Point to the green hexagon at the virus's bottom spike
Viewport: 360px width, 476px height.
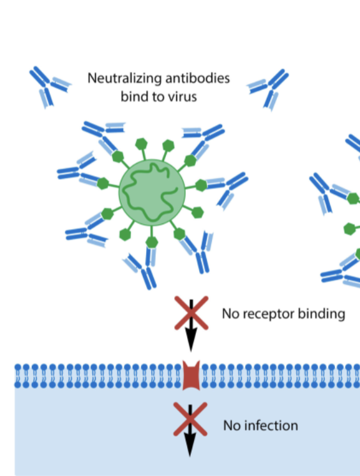click(x=152, y=242)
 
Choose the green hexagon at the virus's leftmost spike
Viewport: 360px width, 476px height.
click(x=103, y=184)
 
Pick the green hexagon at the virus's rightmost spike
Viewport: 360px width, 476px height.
click(x=201, y=186)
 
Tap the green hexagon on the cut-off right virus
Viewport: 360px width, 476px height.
click(x=352, y=198)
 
